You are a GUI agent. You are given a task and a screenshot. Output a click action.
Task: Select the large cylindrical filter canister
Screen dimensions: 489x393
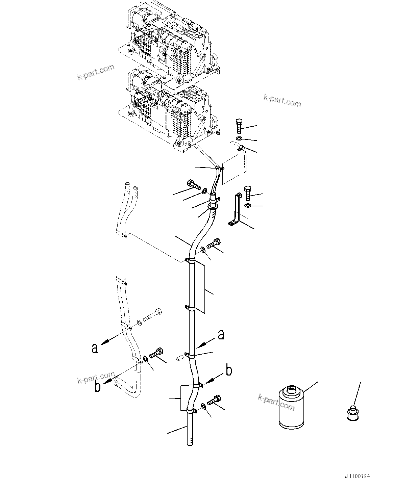coord(291,409)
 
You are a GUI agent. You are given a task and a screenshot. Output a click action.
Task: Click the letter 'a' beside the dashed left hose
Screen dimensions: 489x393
coord(95,348)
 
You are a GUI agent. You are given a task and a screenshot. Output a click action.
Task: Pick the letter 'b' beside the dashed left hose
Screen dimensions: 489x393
coord(97,386)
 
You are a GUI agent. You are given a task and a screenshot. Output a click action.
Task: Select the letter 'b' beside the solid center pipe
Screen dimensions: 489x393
coord(229,370)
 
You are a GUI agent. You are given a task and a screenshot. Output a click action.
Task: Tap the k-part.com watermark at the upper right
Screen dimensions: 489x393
coord(282,101)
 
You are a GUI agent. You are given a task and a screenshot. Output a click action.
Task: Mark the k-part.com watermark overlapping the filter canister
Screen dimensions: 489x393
coord(276,402)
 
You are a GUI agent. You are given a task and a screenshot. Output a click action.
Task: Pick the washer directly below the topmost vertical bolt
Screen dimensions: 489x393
coord(239,138)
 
